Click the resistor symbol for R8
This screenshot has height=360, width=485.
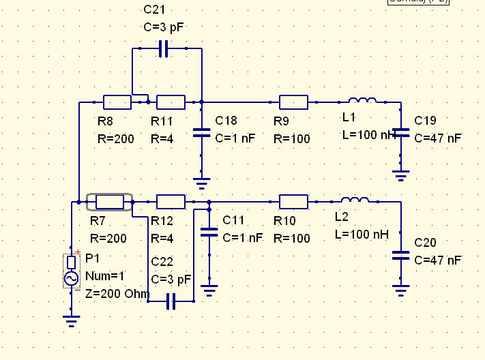click(x=117, y=102)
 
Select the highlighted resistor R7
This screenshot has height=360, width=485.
click(x=109, y=202)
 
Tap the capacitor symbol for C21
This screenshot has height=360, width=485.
click(x=162, y=49)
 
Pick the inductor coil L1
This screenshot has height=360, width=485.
click(x=362, y=102)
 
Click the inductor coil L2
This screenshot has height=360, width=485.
click(x=355, y=200)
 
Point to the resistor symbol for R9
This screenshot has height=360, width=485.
click(x=293, y=102)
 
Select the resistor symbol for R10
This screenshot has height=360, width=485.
click(x=293, y=202)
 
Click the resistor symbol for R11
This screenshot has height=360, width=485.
click(x=171, y=102)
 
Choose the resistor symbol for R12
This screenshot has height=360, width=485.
click(x=171, y=202)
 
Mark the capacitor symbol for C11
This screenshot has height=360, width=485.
click(x=209, y=232)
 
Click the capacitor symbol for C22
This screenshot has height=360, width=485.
click(x=171, y=301)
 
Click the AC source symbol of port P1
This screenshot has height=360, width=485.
click(x=71, y=278)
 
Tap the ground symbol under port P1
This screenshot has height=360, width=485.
click(x=71, y=320)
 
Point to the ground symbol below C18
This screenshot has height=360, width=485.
click(x=201, y=181)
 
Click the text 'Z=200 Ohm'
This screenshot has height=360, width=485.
click(x=117, y=293)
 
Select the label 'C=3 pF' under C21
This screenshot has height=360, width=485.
click(x=163, y=28)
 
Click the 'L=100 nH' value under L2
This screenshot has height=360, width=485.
click(x=361, y=234)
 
